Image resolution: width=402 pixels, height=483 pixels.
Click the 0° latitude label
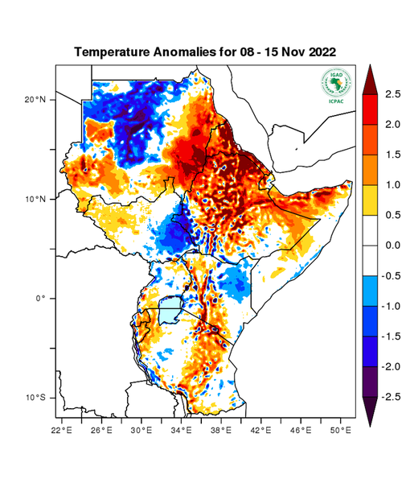(41, 298)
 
